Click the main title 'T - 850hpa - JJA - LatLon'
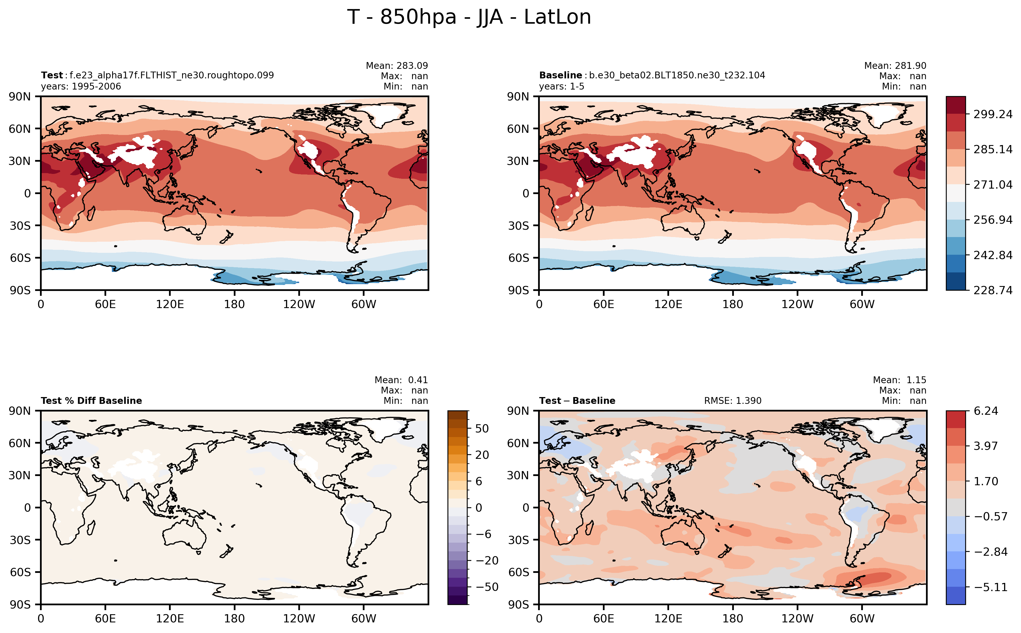pyautogui.click(x=469, y=17)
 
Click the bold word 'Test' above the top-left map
pyautogui.click(x=52, y=75)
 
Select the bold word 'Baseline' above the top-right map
pyautogui.click(x=560, y=75)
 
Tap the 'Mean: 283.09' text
pyautogui.click(x=397, y=66)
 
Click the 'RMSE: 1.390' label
pyautogui.click(x=732, y=401)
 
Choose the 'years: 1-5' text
pyautogui.click(x=561, y=86)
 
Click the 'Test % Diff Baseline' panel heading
pyautogui.click(x=91, y=401)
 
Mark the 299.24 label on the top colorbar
pyautogui.click(x=992, y=114)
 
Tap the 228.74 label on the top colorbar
pyautogui.click(x=992, y=290)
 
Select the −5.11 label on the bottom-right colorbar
pyautogui.click(x=991, y=587)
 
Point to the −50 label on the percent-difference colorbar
pyautogui.click(x=487, y=587)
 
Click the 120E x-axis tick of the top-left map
pyautogui.click(x=170, y=304)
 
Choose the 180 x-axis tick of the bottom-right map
pyautogui.click(x=732, y=618)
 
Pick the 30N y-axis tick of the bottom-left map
pyautogui.click(x=20, y=475)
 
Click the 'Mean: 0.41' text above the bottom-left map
pyautogui.click(x=401, y=380)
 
